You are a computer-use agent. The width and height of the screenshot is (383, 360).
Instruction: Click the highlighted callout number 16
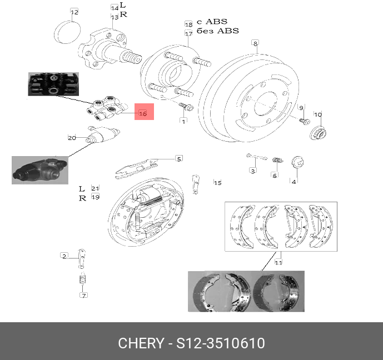point(142,114)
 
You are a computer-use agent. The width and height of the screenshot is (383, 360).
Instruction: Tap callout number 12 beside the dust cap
point(74,12)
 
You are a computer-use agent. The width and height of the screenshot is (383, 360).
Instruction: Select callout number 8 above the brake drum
point(255,43)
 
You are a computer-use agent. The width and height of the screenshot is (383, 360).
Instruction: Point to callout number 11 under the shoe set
point(278,262)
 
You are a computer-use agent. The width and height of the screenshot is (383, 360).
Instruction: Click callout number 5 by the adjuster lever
point(179,159)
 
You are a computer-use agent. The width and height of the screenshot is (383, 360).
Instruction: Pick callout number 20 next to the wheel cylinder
point(72,138)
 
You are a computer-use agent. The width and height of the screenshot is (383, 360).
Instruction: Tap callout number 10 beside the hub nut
point(318,115)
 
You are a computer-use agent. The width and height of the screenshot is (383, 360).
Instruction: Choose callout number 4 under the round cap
point(294,180)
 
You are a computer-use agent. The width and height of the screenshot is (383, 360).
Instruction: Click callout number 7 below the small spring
point(84,295)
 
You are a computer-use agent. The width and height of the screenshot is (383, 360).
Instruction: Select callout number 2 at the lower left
point(64,256)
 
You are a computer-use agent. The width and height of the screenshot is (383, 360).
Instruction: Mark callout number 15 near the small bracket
point(218,183)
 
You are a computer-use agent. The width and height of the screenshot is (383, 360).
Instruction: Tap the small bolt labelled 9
point(304,121)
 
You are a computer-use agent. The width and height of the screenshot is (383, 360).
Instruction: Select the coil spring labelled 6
point(280,161)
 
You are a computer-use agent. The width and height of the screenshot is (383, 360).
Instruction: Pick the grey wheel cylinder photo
point(39,169)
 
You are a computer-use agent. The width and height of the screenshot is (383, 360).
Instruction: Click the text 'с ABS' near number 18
point(213,22)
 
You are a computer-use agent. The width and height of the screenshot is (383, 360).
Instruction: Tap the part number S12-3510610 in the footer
point(221,343)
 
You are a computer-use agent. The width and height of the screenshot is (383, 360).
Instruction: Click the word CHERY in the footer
point(140,343)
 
